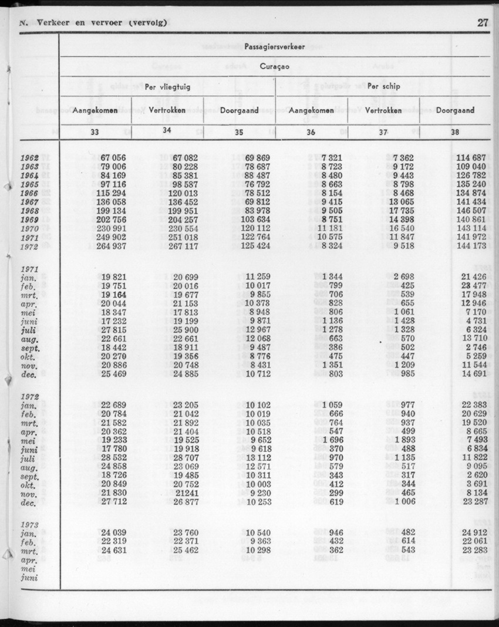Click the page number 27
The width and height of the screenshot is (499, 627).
click(x=483, y=23)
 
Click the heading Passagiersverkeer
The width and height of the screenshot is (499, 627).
click(x=275, y=47)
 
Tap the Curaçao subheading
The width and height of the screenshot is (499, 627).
click(x=275, y=66)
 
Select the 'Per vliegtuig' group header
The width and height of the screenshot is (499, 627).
click(x=167, y=86)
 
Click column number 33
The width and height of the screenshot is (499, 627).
click(x=95, y=132)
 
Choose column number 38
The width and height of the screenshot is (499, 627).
click(x=455, y=132)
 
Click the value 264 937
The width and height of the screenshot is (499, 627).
click(x=110, y=246)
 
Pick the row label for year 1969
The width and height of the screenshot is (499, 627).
click(x=29, y=220)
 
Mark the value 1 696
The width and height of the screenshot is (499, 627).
click(x=329, y=441)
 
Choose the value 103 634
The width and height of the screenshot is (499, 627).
click(x=254, y=220)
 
